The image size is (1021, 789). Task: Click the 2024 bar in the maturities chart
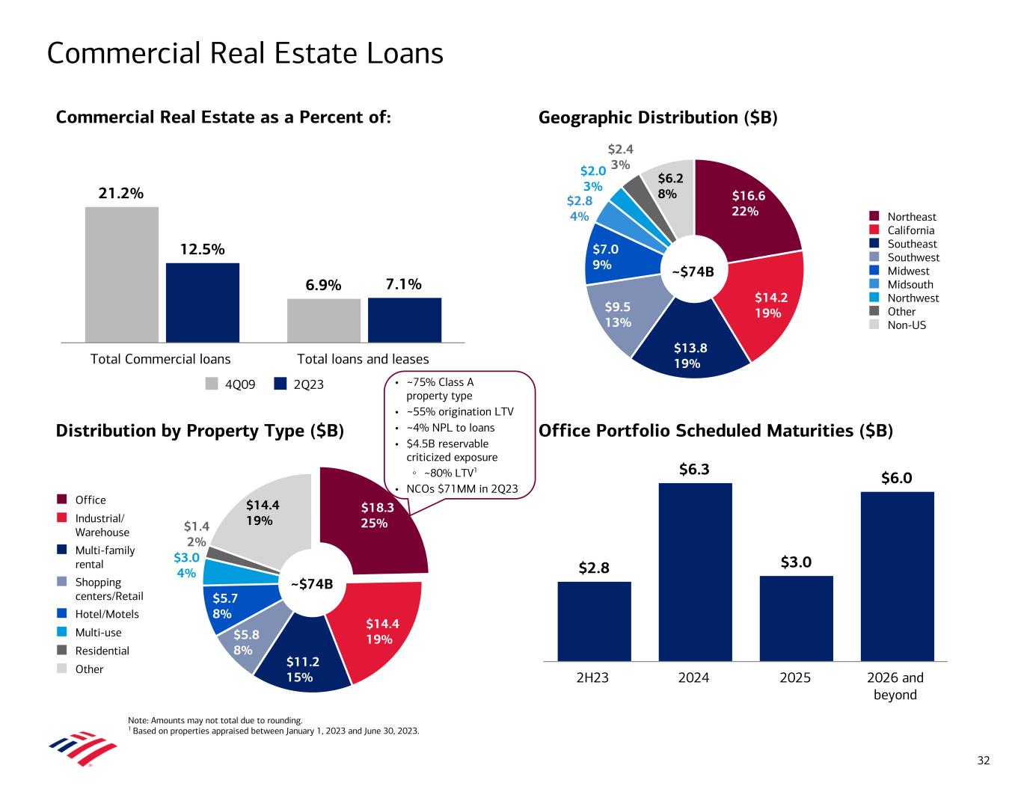coord(695,571)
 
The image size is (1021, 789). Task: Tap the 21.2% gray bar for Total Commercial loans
coord(122,274)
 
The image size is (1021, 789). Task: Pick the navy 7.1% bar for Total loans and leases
coord(404,319)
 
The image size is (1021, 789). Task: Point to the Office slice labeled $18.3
coord(374,524)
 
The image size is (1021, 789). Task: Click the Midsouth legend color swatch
coord(874,284)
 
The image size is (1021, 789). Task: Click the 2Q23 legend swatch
coord(281,384)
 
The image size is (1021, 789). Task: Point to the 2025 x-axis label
coord(796,678)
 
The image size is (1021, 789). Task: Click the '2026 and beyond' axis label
coord(895,686)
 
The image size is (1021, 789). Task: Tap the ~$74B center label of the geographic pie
coord(694,271)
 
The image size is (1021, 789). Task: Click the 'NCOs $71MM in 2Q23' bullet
coord(462,489)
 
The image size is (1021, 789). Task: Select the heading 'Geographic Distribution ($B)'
coord(658,117)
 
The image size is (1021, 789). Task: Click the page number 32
coord(984,761)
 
